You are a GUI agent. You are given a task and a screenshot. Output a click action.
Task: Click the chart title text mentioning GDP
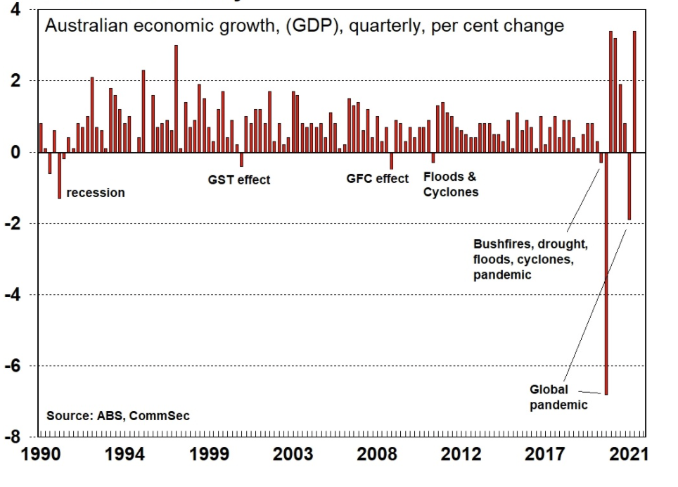point(305,27)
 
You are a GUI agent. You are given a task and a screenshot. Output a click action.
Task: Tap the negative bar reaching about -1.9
point(629,186)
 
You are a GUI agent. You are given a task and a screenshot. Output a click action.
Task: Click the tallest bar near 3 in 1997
point(176,99)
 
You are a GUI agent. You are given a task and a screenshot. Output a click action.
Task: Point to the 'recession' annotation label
point(96,193)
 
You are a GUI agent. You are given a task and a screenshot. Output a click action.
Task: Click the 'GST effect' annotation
point(239,179)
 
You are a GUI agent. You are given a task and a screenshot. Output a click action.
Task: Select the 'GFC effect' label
point(377,179)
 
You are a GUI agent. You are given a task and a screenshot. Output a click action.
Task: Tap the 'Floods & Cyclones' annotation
point(450,184)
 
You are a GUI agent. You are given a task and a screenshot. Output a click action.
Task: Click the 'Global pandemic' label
point(558,397)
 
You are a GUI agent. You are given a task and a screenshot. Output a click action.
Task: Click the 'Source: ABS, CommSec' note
point(118,416)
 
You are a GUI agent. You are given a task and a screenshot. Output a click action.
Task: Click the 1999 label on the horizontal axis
point(210,454)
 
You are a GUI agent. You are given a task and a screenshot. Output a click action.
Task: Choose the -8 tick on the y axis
point(16,437)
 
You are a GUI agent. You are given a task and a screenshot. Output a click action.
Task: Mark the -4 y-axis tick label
point(16,295)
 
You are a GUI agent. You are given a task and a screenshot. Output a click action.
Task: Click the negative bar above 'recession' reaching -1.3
point(59,175)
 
